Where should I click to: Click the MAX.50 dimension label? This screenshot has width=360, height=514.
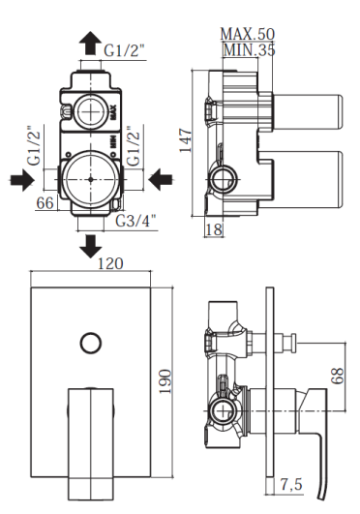point(247,34)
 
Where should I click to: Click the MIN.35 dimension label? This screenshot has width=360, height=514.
point(249,49)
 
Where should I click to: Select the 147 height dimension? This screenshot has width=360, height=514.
point(185,140)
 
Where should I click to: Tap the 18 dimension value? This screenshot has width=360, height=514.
point(214,229)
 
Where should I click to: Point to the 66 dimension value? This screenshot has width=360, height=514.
point(45,203)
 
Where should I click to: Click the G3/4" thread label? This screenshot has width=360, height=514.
point(135,221)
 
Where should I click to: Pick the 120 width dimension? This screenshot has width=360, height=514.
point(111,263)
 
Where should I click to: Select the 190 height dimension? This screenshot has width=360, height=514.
point(165,381)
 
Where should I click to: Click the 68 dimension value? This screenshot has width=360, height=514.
point(338,376)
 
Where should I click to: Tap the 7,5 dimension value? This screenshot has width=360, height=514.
point(291,484)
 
